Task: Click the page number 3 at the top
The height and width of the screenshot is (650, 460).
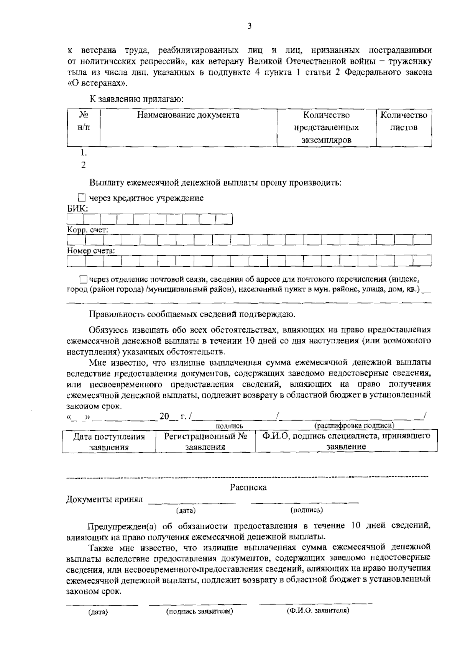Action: [x=249, y=26]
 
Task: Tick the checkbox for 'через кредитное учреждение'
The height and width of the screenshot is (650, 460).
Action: [x=82, y=198]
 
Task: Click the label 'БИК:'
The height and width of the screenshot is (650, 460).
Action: [x=77, y=209]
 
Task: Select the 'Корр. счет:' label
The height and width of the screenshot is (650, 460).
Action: [x=87, y=230]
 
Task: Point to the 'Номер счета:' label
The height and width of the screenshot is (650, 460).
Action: [x=91, y=251]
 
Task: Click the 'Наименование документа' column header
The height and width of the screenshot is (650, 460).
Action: [x=188, y=115]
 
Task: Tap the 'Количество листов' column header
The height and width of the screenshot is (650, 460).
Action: [x=404, y=121]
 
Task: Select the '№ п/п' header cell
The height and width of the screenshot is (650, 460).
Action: [x=84, y=121]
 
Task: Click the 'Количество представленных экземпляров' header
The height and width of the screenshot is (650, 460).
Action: [x=326, y=127]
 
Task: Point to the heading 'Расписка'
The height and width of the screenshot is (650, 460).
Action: [x=248, y=487]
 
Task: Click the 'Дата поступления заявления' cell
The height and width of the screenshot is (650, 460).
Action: [x=109, y=442]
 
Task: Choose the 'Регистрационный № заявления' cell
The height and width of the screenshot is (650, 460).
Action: [x=205, y=442]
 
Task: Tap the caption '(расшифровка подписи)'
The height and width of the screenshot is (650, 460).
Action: [x=354, y=425]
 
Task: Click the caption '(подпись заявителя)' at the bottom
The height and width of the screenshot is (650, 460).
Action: [x=199, y=611]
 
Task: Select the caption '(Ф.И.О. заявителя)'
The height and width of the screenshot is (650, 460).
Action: [x=318, y=611]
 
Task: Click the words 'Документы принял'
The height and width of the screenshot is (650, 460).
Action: [x=104, y=499]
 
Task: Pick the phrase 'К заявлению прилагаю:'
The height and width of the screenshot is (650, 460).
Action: [x=137, y=99]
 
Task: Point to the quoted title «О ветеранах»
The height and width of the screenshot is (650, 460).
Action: [x=99, y=82]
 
